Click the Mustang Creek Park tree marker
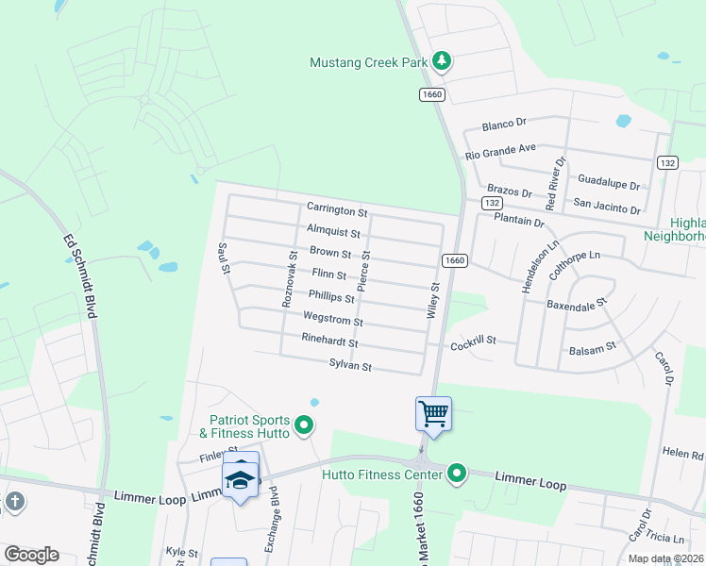(x=442, y=62)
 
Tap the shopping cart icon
(x=433, y=412)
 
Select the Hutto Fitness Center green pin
(x=457, y=473)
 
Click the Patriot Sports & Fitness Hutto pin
(x=304, y=426)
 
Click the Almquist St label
(x=333, y=232)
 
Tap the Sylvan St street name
(x=350, y=365)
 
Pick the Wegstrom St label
(x=332, y=321)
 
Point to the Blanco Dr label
(x=503, y=125)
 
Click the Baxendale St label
(x=575, y=306)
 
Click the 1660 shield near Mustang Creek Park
(x=431, y=94)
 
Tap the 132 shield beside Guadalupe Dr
(x=667, y=162)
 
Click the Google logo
(x=31, y=555)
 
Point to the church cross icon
(x=13, y=501)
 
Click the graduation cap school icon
(x=240, y=480)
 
